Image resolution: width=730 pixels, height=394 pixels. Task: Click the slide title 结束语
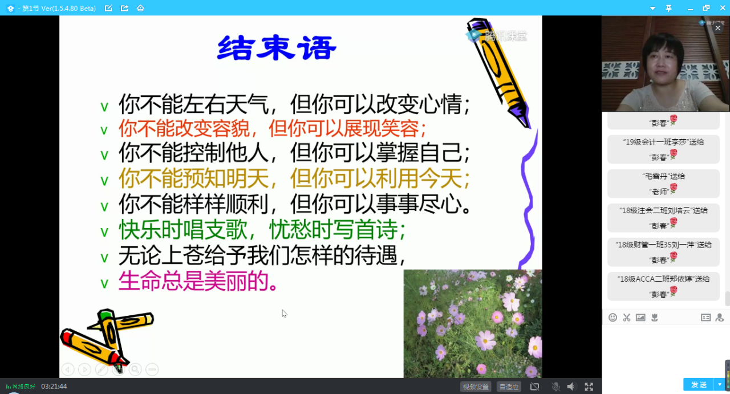(x=277, y=48)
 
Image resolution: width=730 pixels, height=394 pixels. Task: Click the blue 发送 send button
(x=699, y=384)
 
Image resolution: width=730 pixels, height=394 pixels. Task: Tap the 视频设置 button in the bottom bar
(x=476, y=387)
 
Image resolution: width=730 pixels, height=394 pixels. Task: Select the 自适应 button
(x=509, y=387)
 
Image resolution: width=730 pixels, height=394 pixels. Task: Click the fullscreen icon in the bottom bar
(x=589, y=387)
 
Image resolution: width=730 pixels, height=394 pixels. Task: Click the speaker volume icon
(x=571, y=387)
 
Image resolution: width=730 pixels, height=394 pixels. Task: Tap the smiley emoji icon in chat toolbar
(x=613, y=318)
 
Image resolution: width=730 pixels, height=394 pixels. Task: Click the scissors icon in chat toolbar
(x=626, y=318)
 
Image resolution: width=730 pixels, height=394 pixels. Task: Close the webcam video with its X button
(x=717, y=28)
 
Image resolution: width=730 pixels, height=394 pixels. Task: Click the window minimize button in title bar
(x=690, y=9)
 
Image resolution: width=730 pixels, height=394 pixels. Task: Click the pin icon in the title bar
(x=669, y=9)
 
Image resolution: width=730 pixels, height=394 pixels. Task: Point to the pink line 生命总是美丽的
(x=198, y=281)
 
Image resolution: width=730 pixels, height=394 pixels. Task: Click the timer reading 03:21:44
(x=54, y=387)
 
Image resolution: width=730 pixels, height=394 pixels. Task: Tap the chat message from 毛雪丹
(x=663, y=184)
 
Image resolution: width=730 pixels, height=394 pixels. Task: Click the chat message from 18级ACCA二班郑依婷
(x=663, y=286)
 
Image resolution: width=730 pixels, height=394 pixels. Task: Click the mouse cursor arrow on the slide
(x=284, y=314)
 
